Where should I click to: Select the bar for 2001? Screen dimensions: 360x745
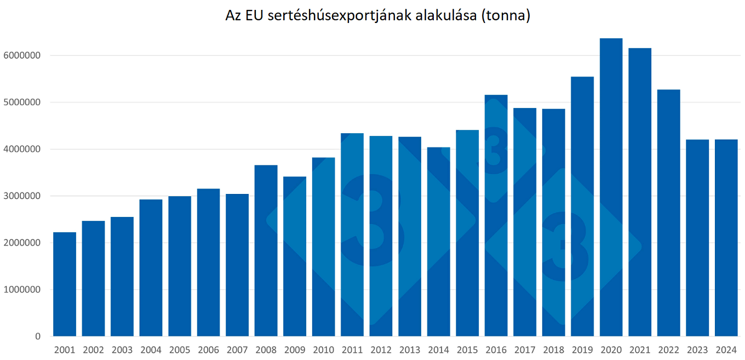click(65, 284)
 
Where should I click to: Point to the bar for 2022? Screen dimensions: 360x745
click(668, 213)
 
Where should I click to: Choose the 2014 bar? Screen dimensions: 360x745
click(438, 242)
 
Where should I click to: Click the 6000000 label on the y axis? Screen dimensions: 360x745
click(22, 55)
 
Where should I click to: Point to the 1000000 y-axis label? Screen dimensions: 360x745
click(22, 290)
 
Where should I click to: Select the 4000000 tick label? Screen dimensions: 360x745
click(22, 149)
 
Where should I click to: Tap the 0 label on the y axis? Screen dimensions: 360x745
click(37, 336)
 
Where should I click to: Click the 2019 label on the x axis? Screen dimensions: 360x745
click(582, 350)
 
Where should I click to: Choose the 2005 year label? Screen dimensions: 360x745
click(180, 350)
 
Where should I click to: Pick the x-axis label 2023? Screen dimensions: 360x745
click(697, 350)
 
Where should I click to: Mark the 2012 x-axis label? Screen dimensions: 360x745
click(381, 350)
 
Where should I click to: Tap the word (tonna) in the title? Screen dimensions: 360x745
click(506, 16)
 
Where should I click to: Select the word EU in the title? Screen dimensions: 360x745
click(253, 16)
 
